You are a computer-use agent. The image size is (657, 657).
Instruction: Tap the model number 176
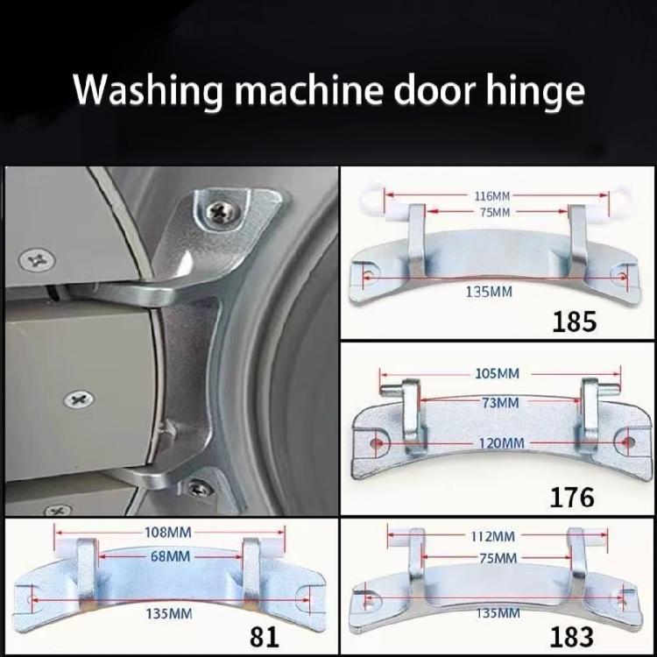pyautogui.click(x=571, y=497)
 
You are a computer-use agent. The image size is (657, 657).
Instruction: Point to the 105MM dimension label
pyautogui.click(x=496, y=374)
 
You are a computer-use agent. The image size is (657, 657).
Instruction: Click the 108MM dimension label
pyautogui.click(x=168, y=531)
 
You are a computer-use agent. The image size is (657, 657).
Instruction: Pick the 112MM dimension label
pyautogui.click(x=492, y=535)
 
